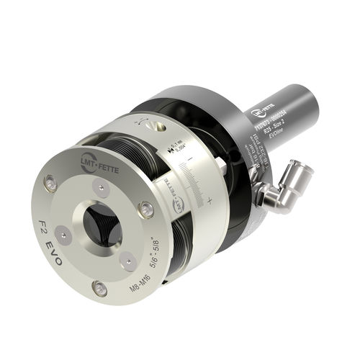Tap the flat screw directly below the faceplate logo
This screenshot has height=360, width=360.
(x=104, y=189)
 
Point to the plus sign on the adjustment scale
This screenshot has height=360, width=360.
(x=210, y=199)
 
